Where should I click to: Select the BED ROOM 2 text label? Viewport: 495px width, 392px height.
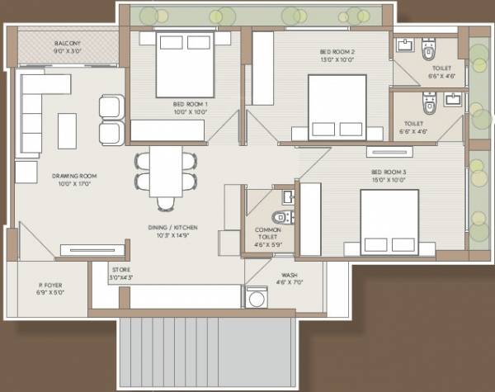point(337,51)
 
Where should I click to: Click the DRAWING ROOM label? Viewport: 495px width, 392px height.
point(75,176)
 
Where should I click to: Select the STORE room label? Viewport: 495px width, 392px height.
point(120,270)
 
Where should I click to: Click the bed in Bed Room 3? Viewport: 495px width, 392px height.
point(389,219)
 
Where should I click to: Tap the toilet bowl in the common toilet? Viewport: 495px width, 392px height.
point(280,218)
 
